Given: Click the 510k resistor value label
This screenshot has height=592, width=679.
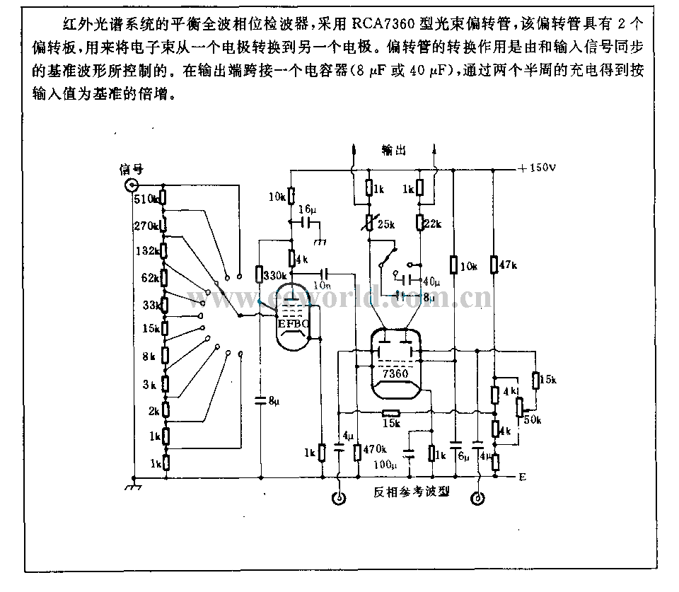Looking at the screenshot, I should point(146,199).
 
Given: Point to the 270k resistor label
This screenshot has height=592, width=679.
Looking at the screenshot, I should point(146,225).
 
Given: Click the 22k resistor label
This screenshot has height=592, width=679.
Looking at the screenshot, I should point(431,224).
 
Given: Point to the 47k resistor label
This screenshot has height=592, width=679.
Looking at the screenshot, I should point(510,265).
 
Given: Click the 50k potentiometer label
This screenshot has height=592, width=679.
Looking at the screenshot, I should point(532,420).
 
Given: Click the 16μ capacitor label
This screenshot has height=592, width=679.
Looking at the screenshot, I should point(307,209).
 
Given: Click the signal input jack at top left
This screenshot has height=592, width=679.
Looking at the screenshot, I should point(132,186).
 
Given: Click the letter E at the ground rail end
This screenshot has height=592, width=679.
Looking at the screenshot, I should point(522,477).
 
